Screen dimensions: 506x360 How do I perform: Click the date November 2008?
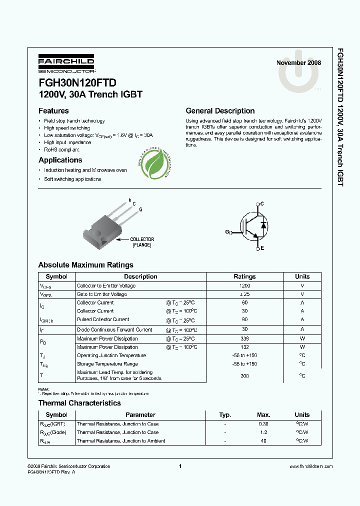coord(298,63)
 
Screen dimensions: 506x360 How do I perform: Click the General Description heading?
coord(220,111)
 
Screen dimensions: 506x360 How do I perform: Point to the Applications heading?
coord(60,160)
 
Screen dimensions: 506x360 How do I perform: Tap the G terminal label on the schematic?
coord(227,232)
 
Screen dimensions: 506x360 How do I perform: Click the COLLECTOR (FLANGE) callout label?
coord(142,242)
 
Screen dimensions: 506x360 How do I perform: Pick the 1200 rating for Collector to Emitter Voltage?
coord(244,285)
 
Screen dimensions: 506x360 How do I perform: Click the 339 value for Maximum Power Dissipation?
coord(244,339)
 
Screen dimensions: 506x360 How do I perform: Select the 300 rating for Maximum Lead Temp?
coord(244,375)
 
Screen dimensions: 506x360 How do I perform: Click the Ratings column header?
coord(244,276)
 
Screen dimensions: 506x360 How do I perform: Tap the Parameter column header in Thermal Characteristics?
coord(140,415)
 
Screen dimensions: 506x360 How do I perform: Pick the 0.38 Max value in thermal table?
coord(263,424)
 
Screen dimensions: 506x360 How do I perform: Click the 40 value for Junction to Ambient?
coord(263,441)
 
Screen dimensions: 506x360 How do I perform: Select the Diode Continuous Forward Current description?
coord(114,330)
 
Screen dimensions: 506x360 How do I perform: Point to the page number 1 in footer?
coord(179,466)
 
